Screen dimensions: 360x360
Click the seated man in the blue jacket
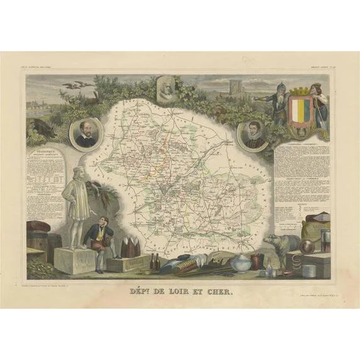coord(99,242)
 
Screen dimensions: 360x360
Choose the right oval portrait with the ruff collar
coord(254,134)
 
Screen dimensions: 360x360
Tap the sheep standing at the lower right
coord(278,244)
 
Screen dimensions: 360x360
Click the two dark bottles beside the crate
coord(154,261)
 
